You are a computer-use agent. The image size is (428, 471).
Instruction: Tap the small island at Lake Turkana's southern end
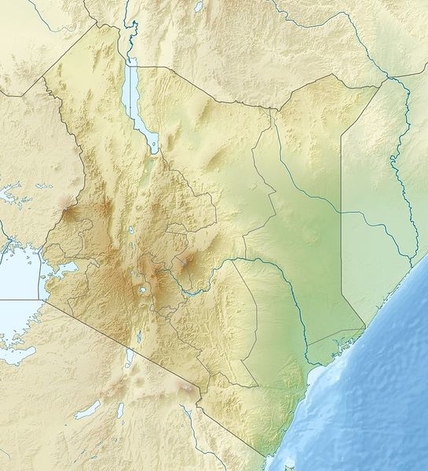pyautogui.click(x=155, y=146)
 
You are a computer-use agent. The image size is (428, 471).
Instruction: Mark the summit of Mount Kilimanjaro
pyautogui.click(x=187, y=388)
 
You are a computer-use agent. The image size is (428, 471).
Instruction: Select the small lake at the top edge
pyautogui.click(x=199, y=6)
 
